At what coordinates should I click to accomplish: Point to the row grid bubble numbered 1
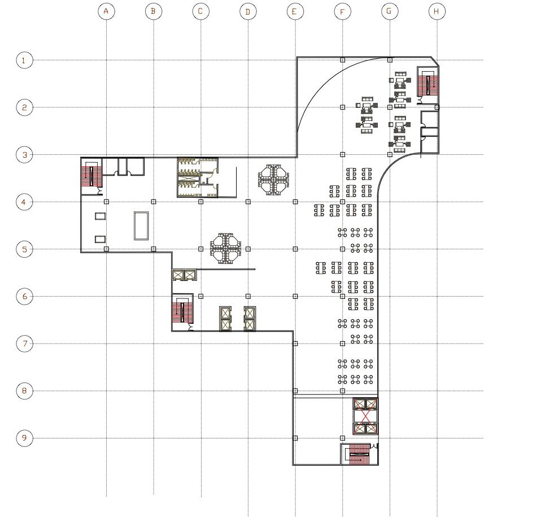24,60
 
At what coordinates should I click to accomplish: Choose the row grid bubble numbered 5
24,249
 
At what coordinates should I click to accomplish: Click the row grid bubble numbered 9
24,438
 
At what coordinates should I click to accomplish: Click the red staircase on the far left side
91,176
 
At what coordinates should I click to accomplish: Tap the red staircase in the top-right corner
427,85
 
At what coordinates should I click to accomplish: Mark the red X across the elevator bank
365,416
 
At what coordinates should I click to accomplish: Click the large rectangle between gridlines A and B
141,225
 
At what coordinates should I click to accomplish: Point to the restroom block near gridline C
198,177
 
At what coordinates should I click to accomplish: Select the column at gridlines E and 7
295,343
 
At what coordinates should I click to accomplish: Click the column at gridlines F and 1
342,59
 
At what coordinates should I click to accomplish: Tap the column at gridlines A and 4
106,201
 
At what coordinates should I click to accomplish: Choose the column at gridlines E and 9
295,438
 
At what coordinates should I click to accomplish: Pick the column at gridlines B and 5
154,249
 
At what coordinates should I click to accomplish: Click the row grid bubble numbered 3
24,154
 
